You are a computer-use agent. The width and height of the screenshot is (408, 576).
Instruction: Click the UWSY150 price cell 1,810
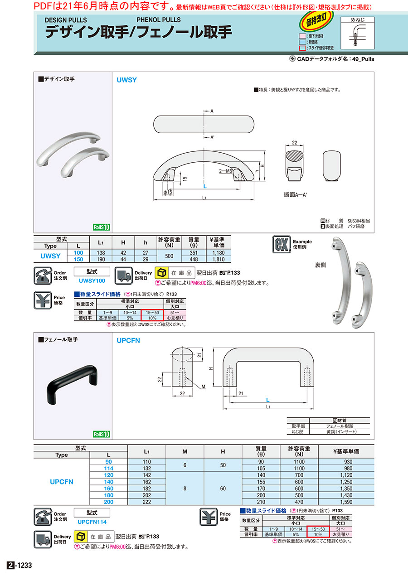(x=219, y=259)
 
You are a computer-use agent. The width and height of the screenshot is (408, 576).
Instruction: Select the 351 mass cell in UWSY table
(x=194, y=252)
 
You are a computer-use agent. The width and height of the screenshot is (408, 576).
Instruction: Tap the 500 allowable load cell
(x=169, y=256)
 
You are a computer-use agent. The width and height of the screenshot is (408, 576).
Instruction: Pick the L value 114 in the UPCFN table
(x=108, y=468)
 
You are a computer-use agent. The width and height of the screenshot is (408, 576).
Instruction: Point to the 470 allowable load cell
(x=299, y=502)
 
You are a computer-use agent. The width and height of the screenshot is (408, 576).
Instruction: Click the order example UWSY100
(x=92, y=281)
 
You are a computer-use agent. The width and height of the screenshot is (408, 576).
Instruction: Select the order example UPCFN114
(x=92, y=522)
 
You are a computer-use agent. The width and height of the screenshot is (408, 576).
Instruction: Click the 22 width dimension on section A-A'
(x=295, y=142)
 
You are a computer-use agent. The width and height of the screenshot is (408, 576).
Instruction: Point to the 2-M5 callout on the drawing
(x=225, y=171)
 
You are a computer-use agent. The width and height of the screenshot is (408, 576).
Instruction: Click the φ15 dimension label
(x=168, y=192)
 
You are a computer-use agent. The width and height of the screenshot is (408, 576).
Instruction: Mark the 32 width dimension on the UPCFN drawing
(x=182, y=393)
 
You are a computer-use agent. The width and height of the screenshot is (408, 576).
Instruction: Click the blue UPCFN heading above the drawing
(x=128, y=340)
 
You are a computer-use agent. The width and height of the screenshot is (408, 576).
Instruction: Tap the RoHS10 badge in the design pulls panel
(x=102, y=227)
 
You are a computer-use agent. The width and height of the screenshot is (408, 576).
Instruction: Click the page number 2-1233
(x=20, y=565)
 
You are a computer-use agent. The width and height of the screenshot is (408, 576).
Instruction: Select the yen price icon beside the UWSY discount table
(x=43, y=300)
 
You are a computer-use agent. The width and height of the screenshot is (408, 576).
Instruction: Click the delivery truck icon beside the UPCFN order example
(x=43, y=539)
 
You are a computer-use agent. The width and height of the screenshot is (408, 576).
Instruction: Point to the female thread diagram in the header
(x=357, y=33)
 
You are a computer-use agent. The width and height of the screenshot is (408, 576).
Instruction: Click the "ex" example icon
(x=282, y=244)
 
